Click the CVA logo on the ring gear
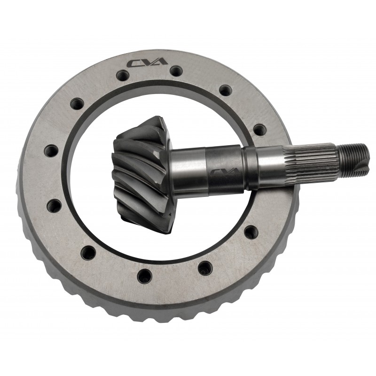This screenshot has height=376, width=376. (147, 63)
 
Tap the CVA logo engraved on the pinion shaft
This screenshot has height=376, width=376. (225, 172)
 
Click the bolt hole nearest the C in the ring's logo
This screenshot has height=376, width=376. (123, 75)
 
